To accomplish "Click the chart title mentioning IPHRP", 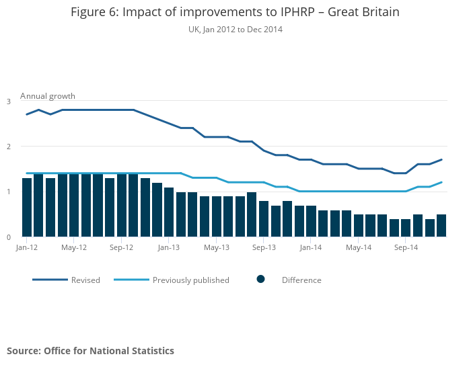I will [x=235, y=13].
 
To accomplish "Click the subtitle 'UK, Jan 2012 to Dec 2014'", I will [x=235, y=30].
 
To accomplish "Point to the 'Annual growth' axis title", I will [x=48, y=96].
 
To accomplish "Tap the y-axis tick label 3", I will [x=9, y=101].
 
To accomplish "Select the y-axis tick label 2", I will [x=9, y=147].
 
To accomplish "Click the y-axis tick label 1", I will [x=9, y=192].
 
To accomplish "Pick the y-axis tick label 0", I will [x=9, y=237].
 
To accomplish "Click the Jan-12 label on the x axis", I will [x=26, y=247].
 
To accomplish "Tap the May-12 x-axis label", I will [x=74, y=247].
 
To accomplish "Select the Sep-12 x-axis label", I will [x=121, y=247].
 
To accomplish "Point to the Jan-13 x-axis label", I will [x=169, y=247].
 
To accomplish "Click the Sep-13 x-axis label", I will [x=264, y=247].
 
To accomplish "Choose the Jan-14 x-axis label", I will [x=311, y=247].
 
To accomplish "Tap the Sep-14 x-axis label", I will [x=406, y=247].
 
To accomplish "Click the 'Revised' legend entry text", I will [x=85, y=280].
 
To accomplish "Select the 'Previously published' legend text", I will [x=190, y=280].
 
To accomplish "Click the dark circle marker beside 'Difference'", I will [x=261, y=279].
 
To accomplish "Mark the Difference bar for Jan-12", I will [x=27, y=208].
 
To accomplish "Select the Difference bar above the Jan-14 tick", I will [x=311, y=221].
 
